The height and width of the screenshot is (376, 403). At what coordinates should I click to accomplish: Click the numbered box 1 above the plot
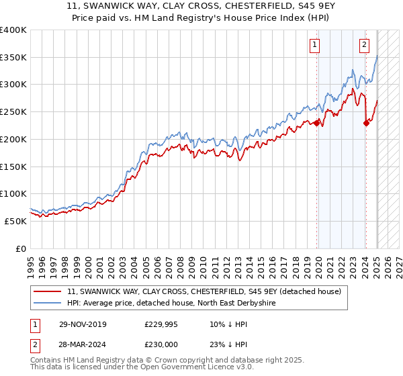click(x=314, y=45)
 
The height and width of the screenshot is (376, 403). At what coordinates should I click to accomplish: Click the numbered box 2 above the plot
click(x=363, y=45)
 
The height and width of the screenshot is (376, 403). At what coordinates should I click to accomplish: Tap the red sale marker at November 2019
click(x=317, y=123)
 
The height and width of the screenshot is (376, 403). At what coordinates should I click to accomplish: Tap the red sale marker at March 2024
click(x=366, y=123)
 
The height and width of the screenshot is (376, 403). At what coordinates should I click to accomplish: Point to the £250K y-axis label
click(x=13, y=112)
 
